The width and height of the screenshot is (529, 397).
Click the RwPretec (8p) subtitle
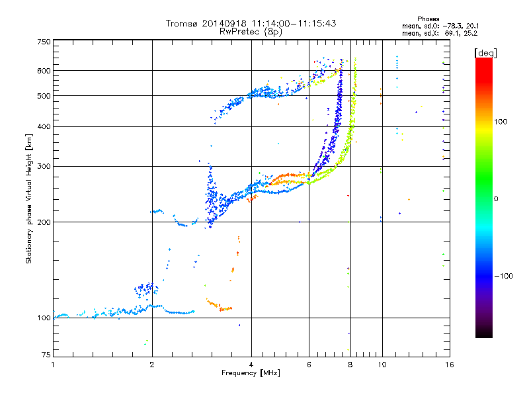click(x=251, y=32)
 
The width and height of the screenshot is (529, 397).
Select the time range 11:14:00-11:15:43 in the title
click(x=294, y=23)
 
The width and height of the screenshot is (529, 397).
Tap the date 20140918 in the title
click(x=224, y=23)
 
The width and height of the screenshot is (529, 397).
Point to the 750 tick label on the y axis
click(x=44, y=42)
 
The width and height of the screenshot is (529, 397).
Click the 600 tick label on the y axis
click(x=44, y=71)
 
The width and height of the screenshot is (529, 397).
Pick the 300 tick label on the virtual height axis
click(x=44, y=167)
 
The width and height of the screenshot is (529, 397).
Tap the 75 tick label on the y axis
click(x=46, y=355)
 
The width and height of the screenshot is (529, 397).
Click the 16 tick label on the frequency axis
click(x=450, y=365)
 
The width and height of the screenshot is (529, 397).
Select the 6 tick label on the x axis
click(x=309, y=365)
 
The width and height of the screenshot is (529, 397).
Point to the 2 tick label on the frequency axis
click(x=152, y=365)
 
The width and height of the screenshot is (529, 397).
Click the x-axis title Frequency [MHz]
click(x=251, y=373)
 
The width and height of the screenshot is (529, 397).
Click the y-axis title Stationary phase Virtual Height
click(x=28, y=198)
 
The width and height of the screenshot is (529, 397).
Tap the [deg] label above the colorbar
click(x=485, y=53)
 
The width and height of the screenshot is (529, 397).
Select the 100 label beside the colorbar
click(x=501, y=122)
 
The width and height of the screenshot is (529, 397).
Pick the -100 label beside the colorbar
click(x=504, y=276)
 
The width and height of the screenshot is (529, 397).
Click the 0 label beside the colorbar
click(x=496, y=199)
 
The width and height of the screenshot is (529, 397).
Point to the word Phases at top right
click(x=428, y=19)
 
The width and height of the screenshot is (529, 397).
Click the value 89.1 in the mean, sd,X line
click(x=452, y=34)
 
